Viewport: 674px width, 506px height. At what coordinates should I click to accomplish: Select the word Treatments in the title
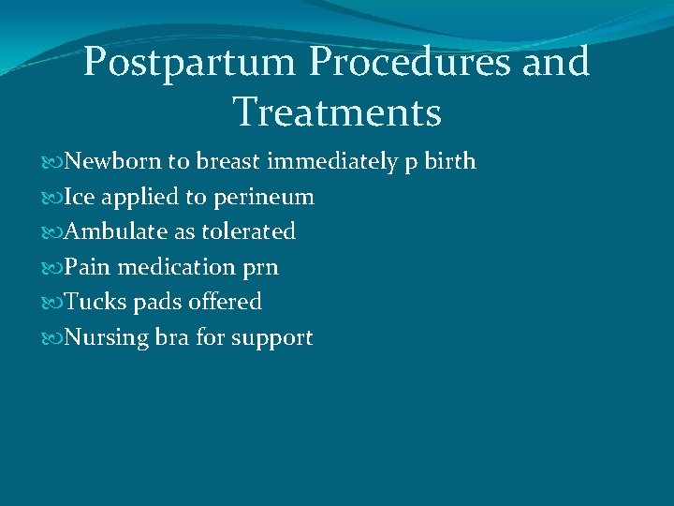[x=337, y=112]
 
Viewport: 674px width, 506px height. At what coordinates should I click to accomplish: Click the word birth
[x=451, y=162]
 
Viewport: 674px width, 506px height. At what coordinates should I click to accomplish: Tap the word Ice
[x=78, y=197]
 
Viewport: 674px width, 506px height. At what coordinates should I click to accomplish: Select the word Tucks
[x=91, y=302]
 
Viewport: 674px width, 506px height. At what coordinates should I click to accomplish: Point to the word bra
[x=172, y=337]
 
